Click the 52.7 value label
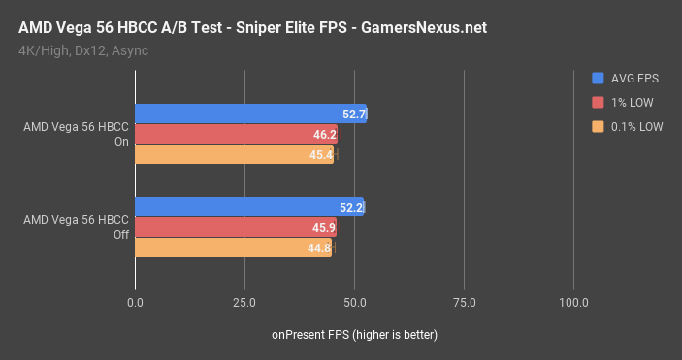click(354, 115)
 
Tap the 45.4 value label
click(322, 154)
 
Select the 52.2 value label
click(351, 207)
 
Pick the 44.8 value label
click(319, 247)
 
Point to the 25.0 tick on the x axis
click(244, 303)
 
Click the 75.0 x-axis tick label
click(464, 303)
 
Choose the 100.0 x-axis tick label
click(573, 303)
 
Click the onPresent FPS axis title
click(354, 335)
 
